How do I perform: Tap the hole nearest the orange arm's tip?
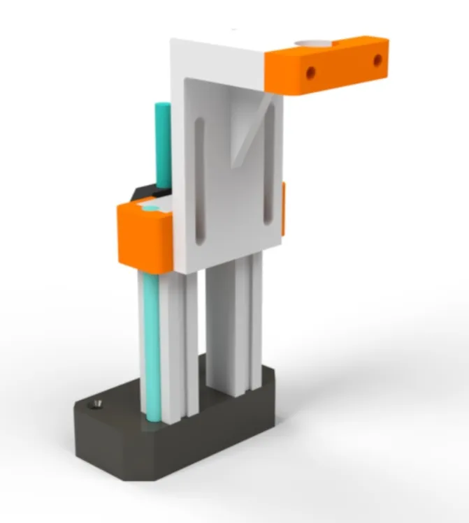click(x=377, y=61)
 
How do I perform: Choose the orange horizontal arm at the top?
click(x=329, y=66)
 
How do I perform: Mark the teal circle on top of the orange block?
click(x=150, y=208)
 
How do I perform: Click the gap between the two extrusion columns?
click(x=203, y=328)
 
